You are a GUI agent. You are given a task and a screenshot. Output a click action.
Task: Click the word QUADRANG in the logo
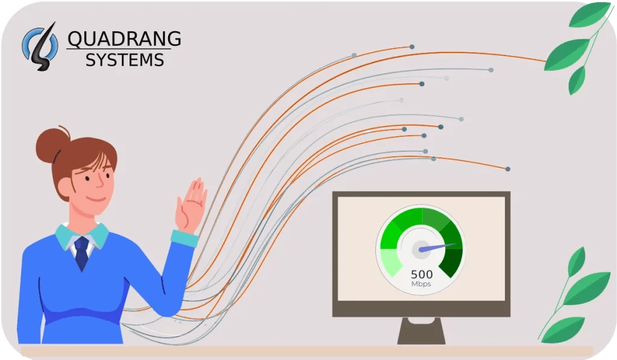[124, 39]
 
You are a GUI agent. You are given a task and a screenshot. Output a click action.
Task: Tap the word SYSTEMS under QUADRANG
[124, 59]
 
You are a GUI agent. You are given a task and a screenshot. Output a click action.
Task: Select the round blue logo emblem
[40, 45]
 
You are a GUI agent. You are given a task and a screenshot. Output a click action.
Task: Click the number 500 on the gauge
[422, 274]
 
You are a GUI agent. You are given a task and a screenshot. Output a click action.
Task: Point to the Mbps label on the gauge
[422, 284]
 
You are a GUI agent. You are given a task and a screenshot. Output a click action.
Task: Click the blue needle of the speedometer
[437, 247]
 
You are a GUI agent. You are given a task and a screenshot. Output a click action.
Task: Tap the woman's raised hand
[192, 205]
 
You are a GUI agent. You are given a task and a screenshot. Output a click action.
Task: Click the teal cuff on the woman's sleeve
[184, 238]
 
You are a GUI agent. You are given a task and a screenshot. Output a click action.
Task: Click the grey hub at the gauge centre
[420, 250]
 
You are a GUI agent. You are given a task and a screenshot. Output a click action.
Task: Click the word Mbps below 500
[422, 284]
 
